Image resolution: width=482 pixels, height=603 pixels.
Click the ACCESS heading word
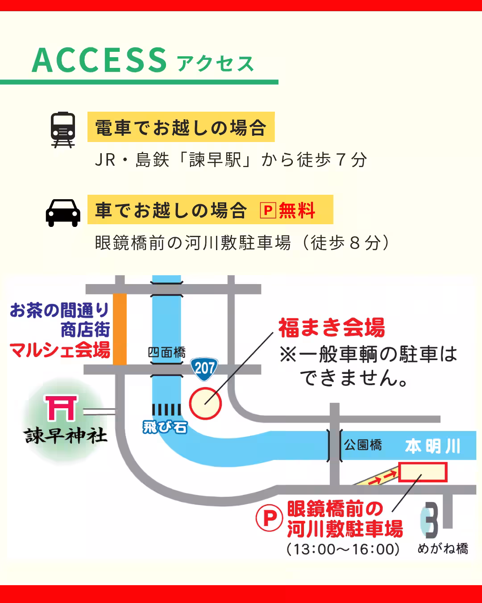[100, 60]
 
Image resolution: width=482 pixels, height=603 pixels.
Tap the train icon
[63, 129]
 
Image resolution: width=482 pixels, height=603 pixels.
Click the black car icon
[63, 213]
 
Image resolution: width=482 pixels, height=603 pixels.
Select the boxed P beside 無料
[268, 210]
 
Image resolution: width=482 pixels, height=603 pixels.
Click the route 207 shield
[204, 368]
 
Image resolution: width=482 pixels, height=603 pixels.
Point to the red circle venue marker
[205, 403]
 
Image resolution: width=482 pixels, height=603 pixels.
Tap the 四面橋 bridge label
[166, 352]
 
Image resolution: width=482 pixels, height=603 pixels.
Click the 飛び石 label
[165, 427]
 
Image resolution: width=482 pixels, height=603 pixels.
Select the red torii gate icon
[61, 408]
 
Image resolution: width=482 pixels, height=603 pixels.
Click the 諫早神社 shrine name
[66, 435]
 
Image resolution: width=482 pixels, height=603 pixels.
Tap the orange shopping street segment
[120, 329]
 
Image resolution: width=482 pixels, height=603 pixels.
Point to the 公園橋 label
[363, 445]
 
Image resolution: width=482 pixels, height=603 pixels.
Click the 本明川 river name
[432, 446]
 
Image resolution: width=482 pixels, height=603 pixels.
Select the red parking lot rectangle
[422, 472]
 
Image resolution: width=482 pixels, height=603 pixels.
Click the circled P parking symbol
[269, 518]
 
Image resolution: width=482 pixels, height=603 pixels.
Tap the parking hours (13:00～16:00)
[343, 549]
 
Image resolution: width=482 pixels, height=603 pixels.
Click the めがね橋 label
[443, 549]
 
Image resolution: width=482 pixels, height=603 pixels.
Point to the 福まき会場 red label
[332, 328]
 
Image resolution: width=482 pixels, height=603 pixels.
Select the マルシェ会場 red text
[60, 350]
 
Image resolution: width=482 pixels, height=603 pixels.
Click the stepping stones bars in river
[166, 410]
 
